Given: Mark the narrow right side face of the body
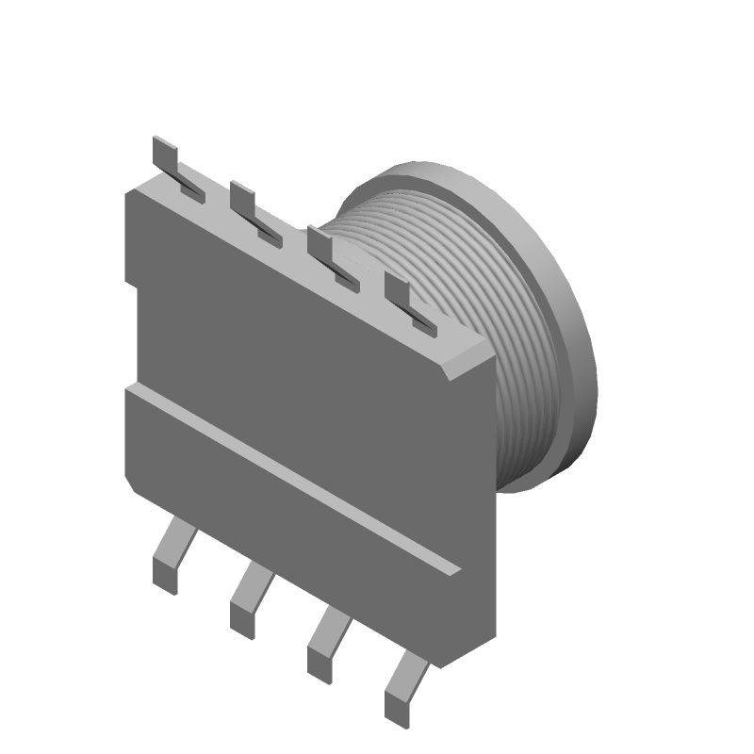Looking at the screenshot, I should pyautogui.click(x=492, y=509).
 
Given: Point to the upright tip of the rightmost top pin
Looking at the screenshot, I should pyautogui.click(x=397, y=289).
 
